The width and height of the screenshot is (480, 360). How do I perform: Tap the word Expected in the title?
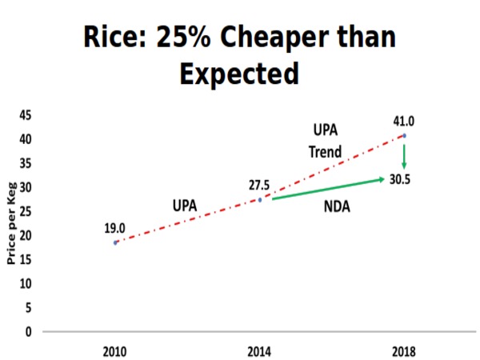pos(239,74)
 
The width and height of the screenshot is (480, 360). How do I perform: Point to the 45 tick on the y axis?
pos(26,115)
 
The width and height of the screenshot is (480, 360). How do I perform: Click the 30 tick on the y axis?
pos(26,187)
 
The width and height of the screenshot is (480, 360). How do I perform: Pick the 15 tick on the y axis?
pos(26,259)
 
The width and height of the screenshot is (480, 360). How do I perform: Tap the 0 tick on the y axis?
pos(29,331)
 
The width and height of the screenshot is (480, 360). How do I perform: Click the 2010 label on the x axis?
pos(115,351)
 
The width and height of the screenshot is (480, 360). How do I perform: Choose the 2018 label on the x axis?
pos(404,351)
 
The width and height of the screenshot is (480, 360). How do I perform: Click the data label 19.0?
pos(115,228)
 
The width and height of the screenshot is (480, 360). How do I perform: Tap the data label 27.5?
pos(258,186)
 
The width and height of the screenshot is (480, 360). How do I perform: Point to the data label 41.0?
pos(403,122)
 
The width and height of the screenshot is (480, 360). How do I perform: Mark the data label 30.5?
pos(400,180)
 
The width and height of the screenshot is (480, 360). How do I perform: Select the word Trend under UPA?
pos(326,151)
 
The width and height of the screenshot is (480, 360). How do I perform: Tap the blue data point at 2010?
pos(115,242)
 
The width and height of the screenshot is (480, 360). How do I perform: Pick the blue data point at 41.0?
pos(404,136)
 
